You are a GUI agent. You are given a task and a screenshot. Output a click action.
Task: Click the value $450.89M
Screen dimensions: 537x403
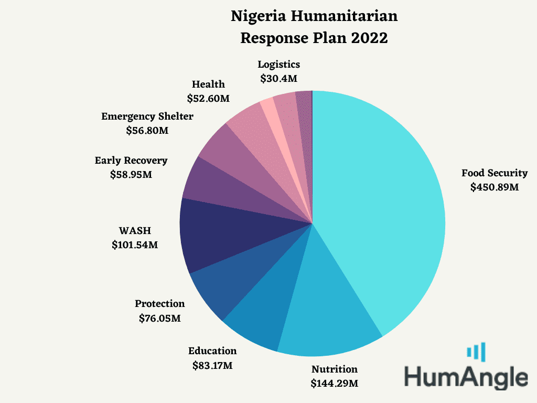point(494,187)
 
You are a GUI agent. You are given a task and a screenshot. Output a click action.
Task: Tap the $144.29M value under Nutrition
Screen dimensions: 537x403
point(334,383)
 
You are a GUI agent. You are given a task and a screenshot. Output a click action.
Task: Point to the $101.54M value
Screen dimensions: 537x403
point(135,245)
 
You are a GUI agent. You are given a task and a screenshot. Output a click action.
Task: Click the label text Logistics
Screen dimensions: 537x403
point(279,65)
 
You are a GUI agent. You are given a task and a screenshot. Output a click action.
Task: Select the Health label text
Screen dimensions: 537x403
point(208,84)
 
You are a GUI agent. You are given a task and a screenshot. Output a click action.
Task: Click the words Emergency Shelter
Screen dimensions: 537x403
point(147,116)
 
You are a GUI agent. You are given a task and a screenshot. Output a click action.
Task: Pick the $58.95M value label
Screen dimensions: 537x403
point(131,175)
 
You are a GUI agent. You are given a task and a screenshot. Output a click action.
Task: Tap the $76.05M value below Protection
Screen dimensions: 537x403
point(159,319)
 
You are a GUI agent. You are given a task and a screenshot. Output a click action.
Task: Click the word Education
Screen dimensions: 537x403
point(212,351)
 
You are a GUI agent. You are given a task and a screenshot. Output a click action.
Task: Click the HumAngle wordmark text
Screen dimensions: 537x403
point(466,377)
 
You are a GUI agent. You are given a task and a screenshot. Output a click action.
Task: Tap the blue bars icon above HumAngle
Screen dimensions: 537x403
point(476,352)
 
